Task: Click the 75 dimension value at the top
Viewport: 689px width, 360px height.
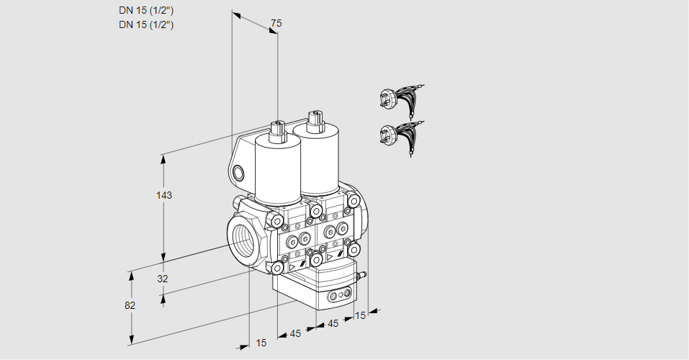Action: coord(276,24)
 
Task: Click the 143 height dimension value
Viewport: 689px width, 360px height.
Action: coord(166,195)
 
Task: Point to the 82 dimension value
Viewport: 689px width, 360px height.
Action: coord(130,305)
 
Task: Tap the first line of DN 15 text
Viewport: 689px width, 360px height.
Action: coord(146,10)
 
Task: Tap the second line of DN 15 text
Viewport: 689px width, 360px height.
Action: coord(146,24)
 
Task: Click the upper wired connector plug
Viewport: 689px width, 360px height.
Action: coord(400,99)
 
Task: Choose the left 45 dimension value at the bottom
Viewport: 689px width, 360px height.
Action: coord(295,333)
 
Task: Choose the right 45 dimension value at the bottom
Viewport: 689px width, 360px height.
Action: coord(333,324)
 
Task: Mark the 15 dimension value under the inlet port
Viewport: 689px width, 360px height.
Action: coord(261,343)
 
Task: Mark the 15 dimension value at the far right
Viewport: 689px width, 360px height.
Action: coord(360,315)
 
